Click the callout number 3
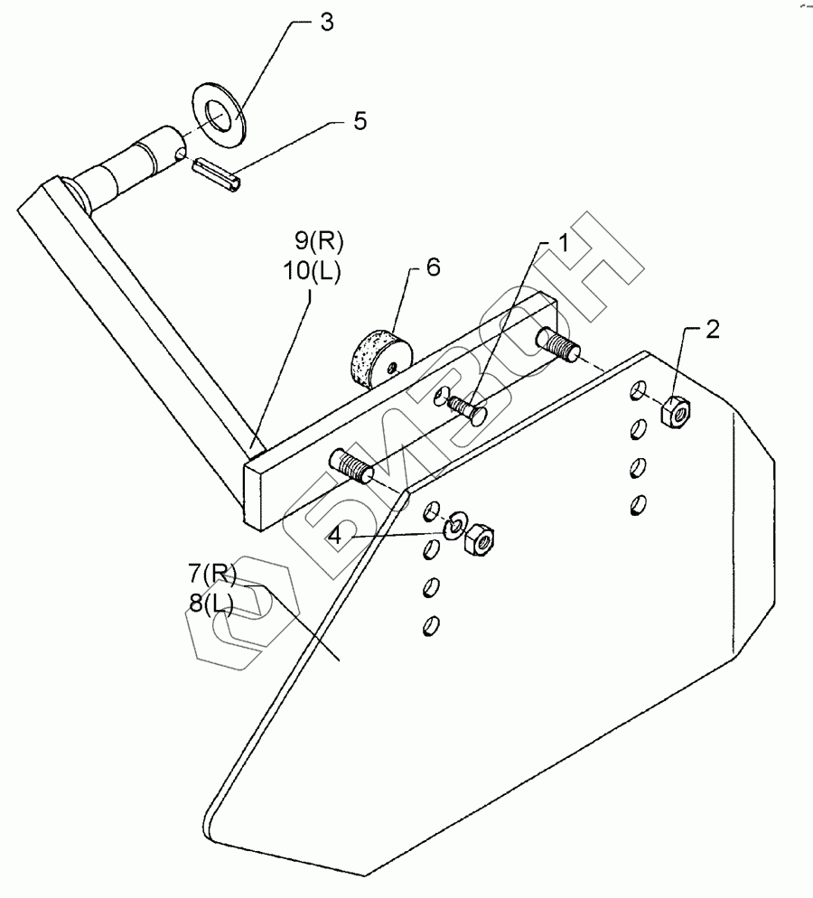pyautogui.click(x=326, y=23)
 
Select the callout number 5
pyautogui.click(x=360, y=122)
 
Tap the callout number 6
pyautogui.click(x=434, y=269)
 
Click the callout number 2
pyautogui.click(x=713, y=330)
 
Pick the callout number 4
pyautogui.click(x=335, y=535)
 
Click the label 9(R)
pyautogui.click(x=320, y=241)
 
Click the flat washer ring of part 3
pyautogui.click(x=218, y=109)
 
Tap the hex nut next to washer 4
pyautogui.click(x=477, y=539)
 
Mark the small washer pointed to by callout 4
pyautogui.click(x=454, y=522)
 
